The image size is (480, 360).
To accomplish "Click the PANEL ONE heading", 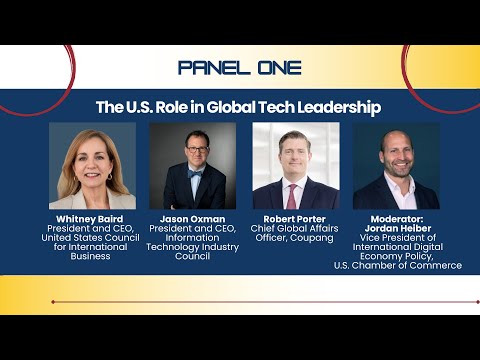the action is pyautogui.click(x=240, y=68).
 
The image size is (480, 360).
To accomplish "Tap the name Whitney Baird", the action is pyautogui.click(x=90, y=219).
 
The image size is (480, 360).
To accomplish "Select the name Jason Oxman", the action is pyautogui.click(x=192, y=219).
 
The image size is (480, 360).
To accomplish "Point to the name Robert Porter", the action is pyautogui.click(x=295, y=219).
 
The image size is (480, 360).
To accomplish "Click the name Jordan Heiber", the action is pyautogui.click(x=398, y=228).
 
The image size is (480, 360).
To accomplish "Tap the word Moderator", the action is pyautogui.click(x=397, y=219).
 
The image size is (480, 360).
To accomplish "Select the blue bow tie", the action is pyautogui.click(x=195, y=174).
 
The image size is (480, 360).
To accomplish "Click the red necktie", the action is pyautogui.click(x=292, y=197).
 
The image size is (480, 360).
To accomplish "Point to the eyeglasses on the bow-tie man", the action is pyautogui.click(x=198, y=150).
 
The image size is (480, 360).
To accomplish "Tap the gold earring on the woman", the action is pyautogui.click(x=110, y=177).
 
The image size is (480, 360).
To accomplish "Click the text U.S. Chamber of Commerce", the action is pyautogui.click(x=398, y=265).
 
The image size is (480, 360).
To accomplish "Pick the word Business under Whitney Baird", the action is pyautogui.click(x=90, y=256).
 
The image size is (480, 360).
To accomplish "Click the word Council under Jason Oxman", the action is pyautogui.click(x=192, y=256).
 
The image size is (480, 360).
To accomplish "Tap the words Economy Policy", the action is pyautogui.click(x=397, y=256).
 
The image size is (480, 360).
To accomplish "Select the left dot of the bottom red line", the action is pyautogui.click(x=53, y=302).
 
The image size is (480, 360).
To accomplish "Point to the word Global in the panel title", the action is pyautogui.click(x=231, y=107).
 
